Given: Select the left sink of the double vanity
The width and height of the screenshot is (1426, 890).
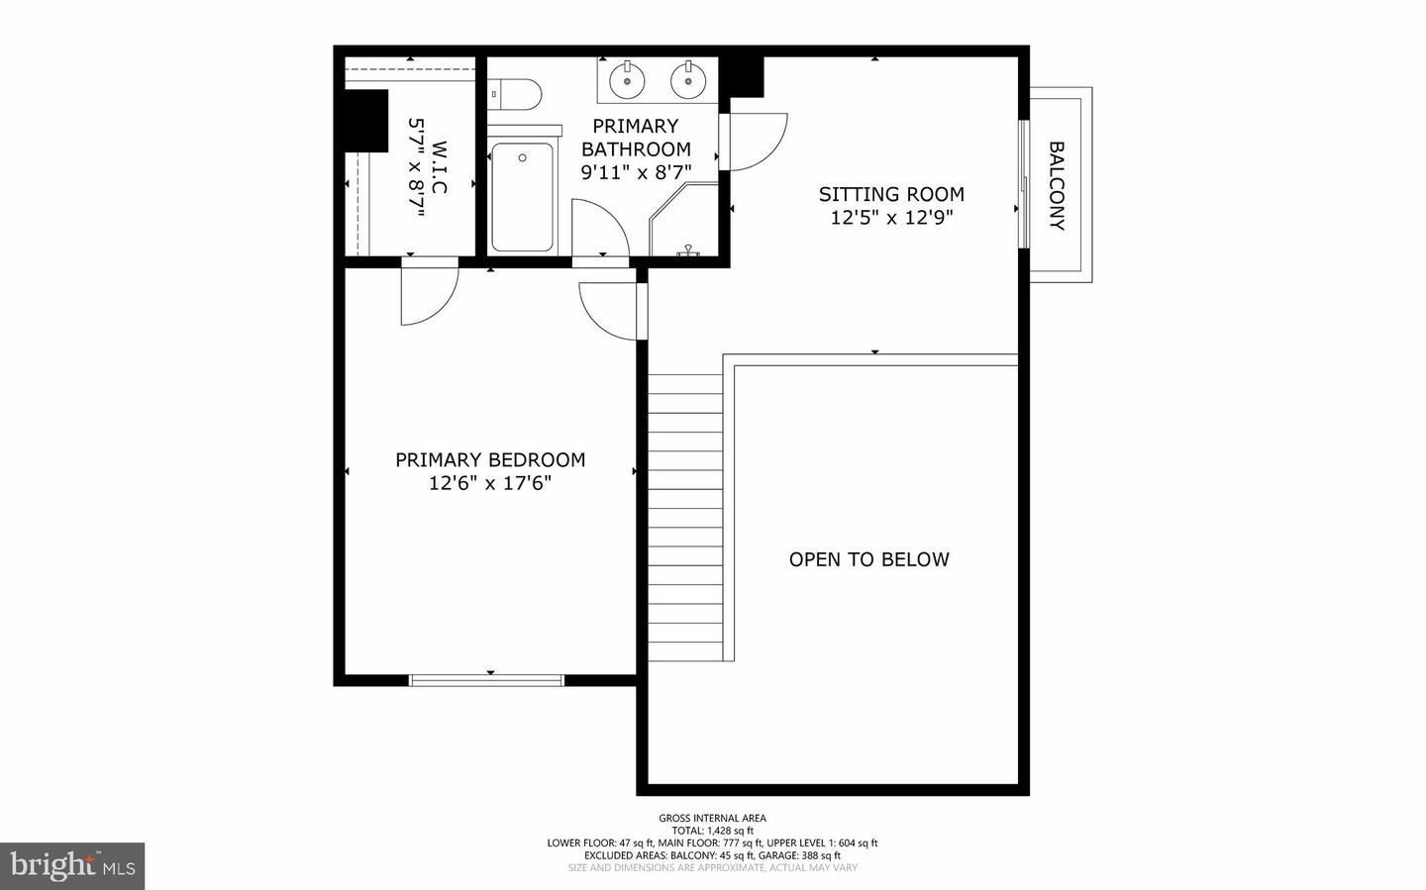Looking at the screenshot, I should (627, 80).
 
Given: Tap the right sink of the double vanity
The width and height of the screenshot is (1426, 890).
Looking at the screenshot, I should (687, 80).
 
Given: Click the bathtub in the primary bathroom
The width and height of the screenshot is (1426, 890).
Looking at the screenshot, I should (522, 197).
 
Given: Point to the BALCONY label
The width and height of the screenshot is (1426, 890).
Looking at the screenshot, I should (1057, 186).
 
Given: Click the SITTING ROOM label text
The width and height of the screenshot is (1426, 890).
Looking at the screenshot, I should (891, 194).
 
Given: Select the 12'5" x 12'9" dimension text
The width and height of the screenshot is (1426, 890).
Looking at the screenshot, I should (891, 218).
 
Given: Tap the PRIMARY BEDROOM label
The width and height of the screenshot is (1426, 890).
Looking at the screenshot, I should (490, 459).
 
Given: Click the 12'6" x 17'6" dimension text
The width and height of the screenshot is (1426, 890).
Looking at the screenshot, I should (490, 483).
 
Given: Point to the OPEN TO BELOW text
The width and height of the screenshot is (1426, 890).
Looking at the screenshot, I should (868, 559).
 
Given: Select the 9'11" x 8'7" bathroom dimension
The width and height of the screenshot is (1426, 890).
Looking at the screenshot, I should (636, 172).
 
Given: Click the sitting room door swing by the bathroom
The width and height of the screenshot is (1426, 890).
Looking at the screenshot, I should (757, 141).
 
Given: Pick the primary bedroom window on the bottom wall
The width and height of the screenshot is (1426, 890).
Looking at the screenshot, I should (486, 680).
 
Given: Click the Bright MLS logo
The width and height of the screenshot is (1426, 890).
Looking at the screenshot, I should (72, 866).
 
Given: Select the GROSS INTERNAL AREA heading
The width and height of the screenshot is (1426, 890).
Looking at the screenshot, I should (712, 818).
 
